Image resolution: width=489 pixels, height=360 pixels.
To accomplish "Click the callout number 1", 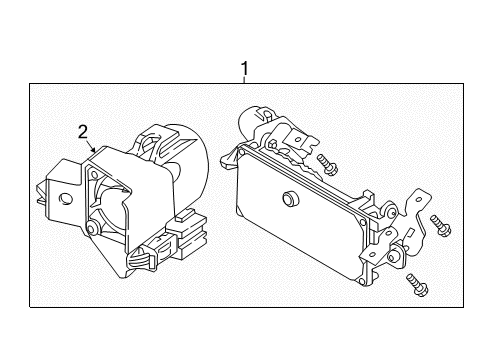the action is click(245, 69).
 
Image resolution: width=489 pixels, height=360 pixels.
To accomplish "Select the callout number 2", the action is click(83, 132).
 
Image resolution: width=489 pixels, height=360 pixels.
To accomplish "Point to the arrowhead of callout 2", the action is click(94, 150).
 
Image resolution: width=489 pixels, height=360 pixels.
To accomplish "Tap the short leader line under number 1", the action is click(245, 80).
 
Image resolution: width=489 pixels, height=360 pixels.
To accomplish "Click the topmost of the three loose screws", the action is click(327, 164).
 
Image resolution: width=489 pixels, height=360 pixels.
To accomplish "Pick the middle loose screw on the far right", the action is click(440, 226).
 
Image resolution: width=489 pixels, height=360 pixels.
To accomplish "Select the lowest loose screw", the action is click(417, 284).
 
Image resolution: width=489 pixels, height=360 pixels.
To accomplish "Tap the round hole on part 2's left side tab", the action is click(66, 199).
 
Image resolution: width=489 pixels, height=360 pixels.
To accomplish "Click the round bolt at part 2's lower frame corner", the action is click(91, 228).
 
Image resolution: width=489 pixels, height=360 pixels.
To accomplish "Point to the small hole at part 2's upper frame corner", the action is click(94, 174).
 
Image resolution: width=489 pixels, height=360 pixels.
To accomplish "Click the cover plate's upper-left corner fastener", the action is click(242, 153).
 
